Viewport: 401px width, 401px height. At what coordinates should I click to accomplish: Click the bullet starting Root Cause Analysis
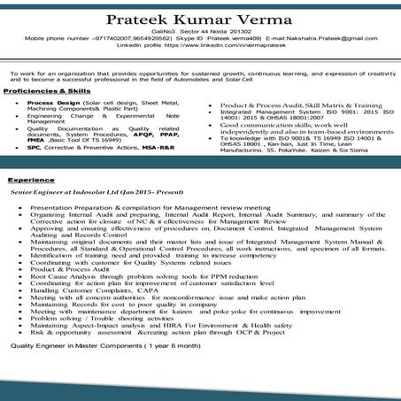(x=133, y=275)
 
